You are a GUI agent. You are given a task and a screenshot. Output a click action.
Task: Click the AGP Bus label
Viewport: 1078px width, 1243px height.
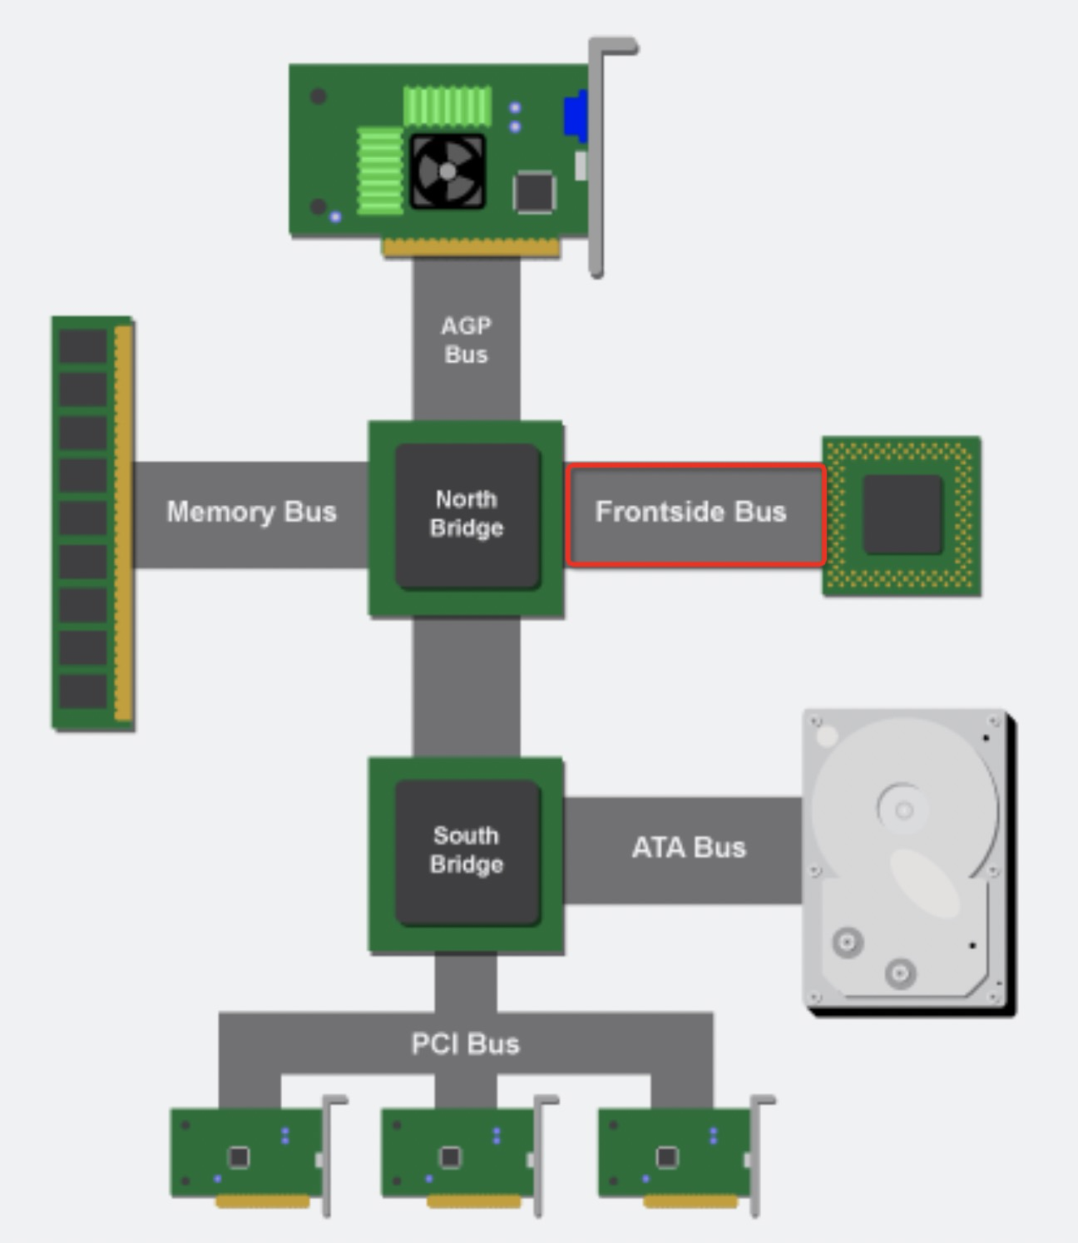(466, 339)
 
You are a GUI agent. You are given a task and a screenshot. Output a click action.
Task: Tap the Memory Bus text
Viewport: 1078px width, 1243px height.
(251, 512)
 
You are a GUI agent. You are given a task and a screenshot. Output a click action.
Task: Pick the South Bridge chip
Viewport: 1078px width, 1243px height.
(467, 851)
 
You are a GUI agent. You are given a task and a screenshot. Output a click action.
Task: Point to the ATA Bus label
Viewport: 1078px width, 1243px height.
(688, 848)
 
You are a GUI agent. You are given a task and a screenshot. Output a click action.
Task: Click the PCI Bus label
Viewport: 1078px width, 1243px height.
(465, 1043)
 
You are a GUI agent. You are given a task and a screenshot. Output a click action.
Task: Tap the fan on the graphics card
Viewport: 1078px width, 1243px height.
(448, 171)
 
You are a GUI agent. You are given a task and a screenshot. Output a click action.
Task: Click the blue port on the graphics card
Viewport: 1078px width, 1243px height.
(575, 116)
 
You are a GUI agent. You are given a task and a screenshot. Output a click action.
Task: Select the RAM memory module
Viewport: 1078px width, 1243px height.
(91, 522)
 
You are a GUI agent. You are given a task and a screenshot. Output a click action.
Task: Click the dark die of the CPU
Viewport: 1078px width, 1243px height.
(902, 514)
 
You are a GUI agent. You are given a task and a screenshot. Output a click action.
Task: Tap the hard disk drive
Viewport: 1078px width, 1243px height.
(907, 861)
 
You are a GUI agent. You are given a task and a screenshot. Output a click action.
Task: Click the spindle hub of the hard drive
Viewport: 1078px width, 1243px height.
(903, 809)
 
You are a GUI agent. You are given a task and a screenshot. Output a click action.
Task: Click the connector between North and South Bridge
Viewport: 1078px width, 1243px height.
(467, 687)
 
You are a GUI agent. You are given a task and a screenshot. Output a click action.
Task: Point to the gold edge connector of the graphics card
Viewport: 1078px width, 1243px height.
(471, 247)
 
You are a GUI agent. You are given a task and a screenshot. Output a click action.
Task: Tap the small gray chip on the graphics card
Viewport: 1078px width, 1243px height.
(533, 192)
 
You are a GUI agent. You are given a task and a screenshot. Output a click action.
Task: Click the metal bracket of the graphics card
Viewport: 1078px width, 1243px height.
(596, 158)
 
